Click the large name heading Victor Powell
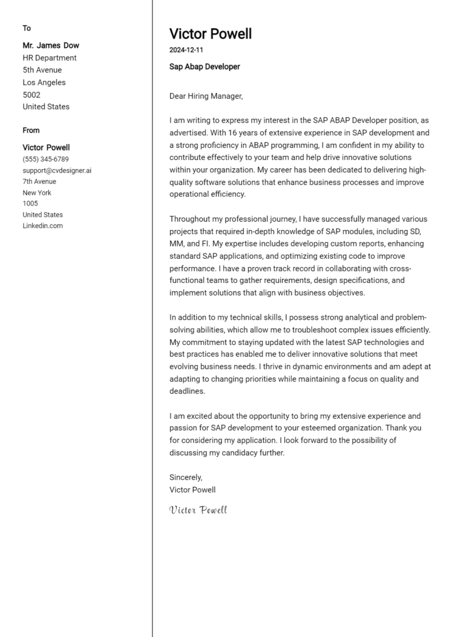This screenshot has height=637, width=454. click(210, 34)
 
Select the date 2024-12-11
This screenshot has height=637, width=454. click(186, 50)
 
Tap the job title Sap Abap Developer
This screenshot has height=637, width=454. click(205, 67)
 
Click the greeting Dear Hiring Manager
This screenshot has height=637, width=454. click(206, 96)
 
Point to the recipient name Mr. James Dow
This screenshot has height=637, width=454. click(51, 45)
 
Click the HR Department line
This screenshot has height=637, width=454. click(50, 58)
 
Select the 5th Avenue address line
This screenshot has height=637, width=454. click(42, 70)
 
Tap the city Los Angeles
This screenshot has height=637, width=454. click(44, 82)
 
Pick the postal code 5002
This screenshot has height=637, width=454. click(31, 95)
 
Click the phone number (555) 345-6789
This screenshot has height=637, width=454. click(46, 160)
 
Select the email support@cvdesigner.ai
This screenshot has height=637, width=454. click(57, 170)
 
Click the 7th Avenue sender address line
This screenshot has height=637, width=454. click(40, 181)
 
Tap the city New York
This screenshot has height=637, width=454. click(37, 193)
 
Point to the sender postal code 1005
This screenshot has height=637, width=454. click(30, 203)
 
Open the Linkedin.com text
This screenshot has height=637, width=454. click(43, 226)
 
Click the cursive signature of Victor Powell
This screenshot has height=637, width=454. click(198, 510)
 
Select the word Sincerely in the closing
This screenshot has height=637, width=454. click(186, 477)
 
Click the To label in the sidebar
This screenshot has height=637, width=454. click(27, 28)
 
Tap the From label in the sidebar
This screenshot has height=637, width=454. click(31, 130)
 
